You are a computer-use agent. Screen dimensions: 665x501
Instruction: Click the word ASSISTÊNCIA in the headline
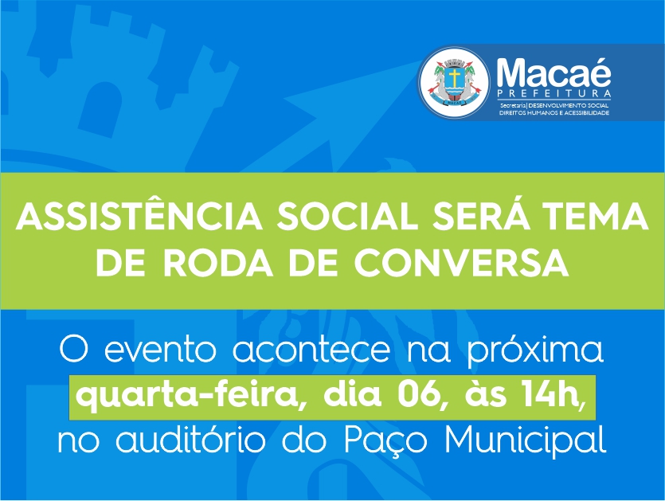click(x=139, y=215)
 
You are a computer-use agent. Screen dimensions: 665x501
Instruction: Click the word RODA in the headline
click(x=218, y=263)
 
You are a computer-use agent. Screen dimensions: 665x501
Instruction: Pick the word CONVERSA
click(x=461, y=263)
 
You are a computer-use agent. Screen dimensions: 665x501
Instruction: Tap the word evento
click(x=160, y=350)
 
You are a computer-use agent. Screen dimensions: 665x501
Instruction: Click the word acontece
click(x=311, y=350)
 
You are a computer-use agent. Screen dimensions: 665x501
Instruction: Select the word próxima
click(x=535, y=350)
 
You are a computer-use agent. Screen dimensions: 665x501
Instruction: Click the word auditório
click(x=190, y=440)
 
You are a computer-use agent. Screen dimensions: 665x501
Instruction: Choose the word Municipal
click(x=525, y=441)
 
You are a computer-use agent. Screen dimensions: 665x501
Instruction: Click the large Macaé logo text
click(x=554, y=73)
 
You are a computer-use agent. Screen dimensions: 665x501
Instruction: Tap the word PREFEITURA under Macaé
click(x=554, y=93)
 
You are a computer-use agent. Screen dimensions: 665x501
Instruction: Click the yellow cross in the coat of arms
click(x=454, y=77)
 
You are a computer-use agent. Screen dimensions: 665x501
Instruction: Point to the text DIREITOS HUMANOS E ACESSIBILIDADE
click(x=554, y=113)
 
